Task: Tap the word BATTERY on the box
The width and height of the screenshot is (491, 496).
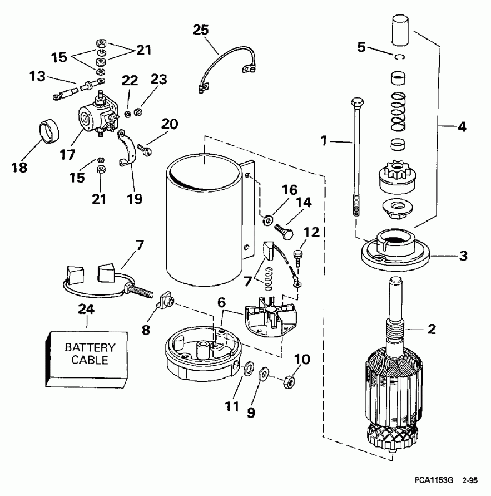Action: tap(90, 347)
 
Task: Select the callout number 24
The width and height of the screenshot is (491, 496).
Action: tap(87, 310)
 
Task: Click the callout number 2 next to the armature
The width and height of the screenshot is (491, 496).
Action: tap(432, 329)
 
